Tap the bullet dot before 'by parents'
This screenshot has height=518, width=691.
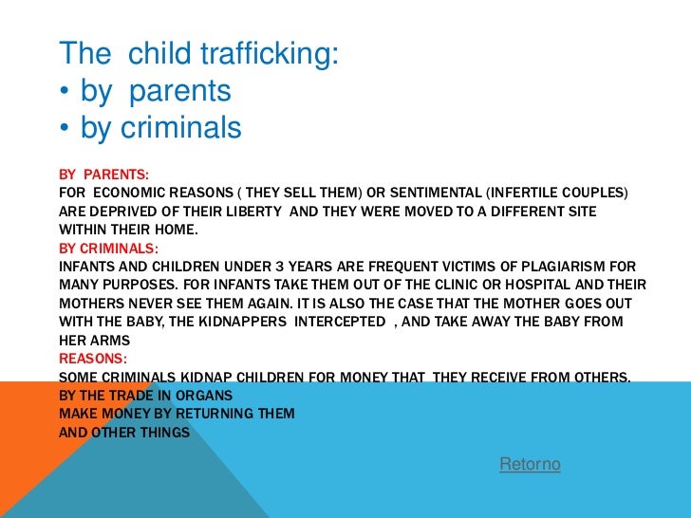click(64, 93)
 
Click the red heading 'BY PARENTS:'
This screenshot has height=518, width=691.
click(104, 175)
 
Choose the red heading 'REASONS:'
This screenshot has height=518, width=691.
click(93, 359)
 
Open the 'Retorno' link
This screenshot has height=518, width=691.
click(530, 464)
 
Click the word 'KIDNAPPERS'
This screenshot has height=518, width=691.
click(238, 322)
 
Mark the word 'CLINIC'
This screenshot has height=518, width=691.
click(445, 285)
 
